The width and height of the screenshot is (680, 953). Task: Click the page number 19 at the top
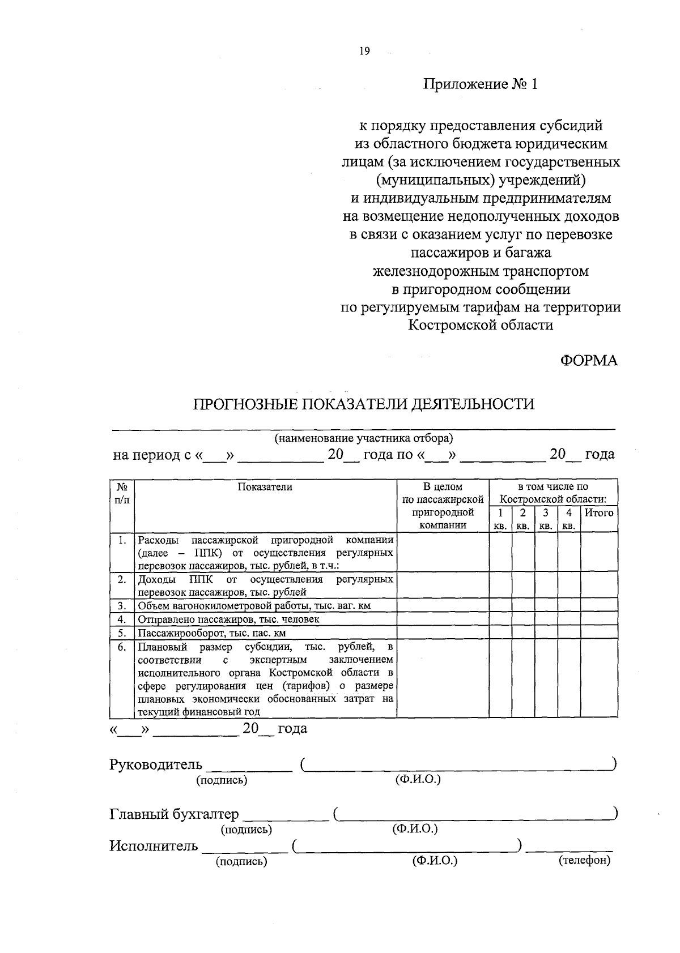(x=364, y=52)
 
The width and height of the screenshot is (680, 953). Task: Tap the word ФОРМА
(x=589, y=360)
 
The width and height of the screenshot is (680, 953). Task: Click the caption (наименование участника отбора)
(x=364, y=438)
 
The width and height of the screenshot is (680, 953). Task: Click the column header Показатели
(x=265, y=487)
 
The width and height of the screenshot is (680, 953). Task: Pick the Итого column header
(x=598, y=513)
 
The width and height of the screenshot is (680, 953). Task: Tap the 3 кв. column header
(x=546, y=519)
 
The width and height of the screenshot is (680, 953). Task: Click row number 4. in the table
(x=121, y=619)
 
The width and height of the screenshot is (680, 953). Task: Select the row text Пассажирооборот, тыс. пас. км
(x=212, y=633)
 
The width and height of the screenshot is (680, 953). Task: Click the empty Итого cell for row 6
(x=598, y=679)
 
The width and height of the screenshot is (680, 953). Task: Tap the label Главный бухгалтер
(x=174, y=814)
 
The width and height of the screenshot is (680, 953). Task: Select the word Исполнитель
(x=154, y=846)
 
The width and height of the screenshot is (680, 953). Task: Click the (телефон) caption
(x=584, y=861)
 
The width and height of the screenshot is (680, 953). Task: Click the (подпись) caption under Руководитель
(x=222, y=780)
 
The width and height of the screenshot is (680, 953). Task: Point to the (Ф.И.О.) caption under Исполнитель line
(x=435, y=861)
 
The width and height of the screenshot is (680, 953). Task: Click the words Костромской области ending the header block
(x=481, y=325)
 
